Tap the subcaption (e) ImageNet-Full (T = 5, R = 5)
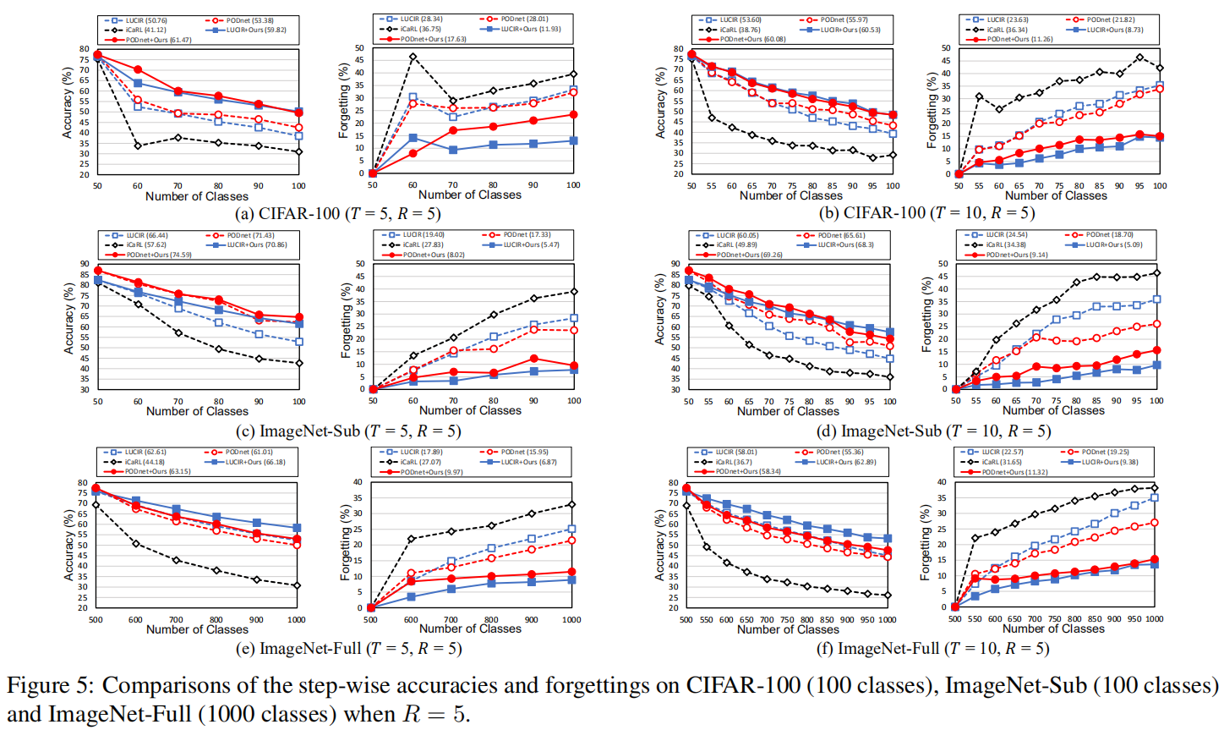[348, 648]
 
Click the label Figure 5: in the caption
[49, 685]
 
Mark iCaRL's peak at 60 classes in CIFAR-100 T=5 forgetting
[413, 57]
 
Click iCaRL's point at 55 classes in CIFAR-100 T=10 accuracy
[712, 118]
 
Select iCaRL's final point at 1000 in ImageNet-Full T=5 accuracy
[297, 585]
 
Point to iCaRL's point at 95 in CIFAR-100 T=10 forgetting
[1139, 58]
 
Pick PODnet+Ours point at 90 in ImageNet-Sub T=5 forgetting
[533, 359]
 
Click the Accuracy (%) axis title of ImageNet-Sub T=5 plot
[69, 318]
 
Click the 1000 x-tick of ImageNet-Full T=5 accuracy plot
[296, 619]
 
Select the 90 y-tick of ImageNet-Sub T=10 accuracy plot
[676, 264]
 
